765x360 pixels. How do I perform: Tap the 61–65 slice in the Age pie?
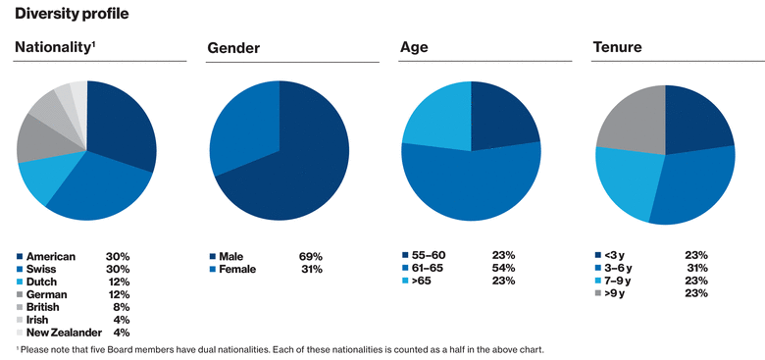click(x=471, y=186)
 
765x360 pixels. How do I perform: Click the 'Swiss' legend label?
click(x=42, y=268)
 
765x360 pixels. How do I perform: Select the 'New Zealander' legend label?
click(x=63, y=332)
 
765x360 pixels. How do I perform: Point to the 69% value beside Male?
click(x=311, y=255)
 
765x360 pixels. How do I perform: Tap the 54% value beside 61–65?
click(x=504, y=268)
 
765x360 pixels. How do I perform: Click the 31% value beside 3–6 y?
click(x=696, y=268)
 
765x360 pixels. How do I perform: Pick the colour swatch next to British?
click(x=20, y=306)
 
